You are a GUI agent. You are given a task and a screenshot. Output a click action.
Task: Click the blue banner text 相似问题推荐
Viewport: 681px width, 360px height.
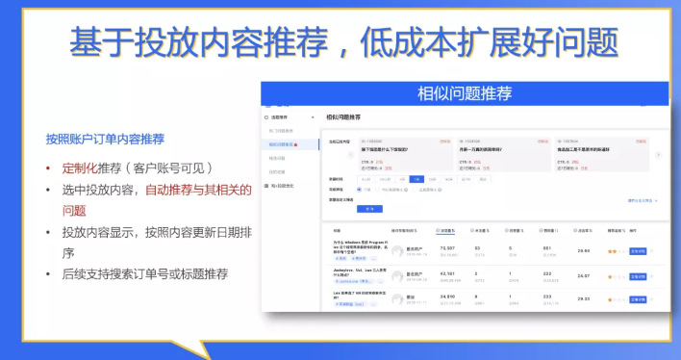pyautogui.click(x=464, y=93)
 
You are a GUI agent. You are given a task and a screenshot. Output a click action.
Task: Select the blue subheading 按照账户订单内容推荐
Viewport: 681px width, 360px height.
pyautogui.click(x=105, y=139)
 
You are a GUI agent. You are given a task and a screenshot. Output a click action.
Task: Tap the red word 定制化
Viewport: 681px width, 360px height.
pyautogui.click(x=84, y=167)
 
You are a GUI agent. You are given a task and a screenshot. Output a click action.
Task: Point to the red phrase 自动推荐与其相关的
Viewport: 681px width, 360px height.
pyautogui.click(x=198, y=190)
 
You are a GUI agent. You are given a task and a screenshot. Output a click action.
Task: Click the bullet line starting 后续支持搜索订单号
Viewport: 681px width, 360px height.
pyautogui.click(x=145, y=274)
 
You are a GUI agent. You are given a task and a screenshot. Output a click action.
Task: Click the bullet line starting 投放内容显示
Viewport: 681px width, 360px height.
pyautogui.click(x=158, y=232)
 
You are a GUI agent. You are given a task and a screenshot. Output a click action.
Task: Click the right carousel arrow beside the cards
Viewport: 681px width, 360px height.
pyautogui.click(x=658, y=154)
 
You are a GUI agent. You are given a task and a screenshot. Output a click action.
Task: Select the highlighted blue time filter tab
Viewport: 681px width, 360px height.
pyautogui.click(x=416, y=179)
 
